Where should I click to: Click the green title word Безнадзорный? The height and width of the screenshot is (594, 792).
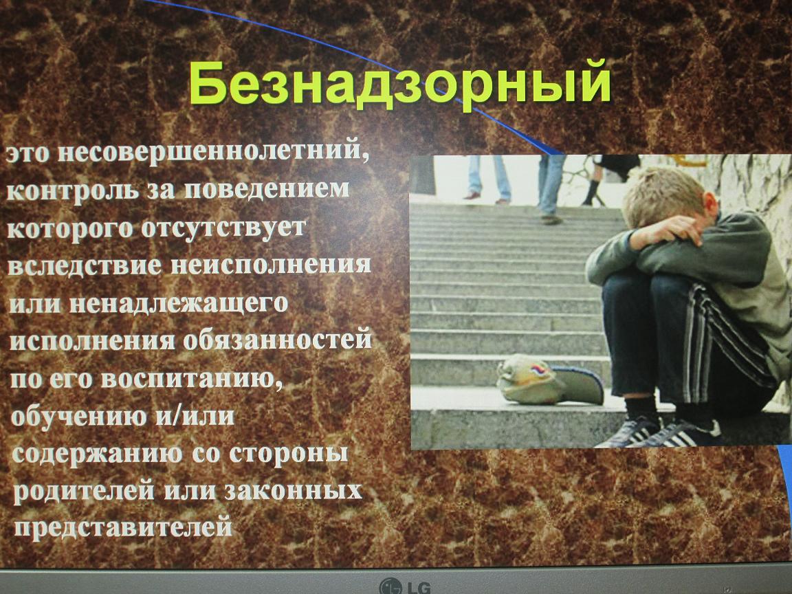pos(400,83)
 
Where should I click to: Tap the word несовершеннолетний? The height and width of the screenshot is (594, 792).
pos(213,152)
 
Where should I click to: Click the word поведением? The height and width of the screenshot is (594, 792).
pos(267,188)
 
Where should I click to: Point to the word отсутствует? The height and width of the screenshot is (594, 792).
pos(223,228)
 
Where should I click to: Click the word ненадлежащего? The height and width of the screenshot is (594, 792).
pos(179,304)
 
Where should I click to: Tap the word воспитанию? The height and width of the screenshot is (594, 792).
pos(192,379)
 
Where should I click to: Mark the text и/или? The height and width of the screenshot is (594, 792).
pos(195,416)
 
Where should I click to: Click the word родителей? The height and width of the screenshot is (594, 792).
pos(83,490)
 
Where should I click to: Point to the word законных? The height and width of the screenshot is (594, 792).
pos(294,490)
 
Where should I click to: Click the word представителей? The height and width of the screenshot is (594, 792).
pos(123,527)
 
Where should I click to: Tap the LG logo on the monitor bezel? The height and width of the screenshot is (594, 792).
pos(405,586)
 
